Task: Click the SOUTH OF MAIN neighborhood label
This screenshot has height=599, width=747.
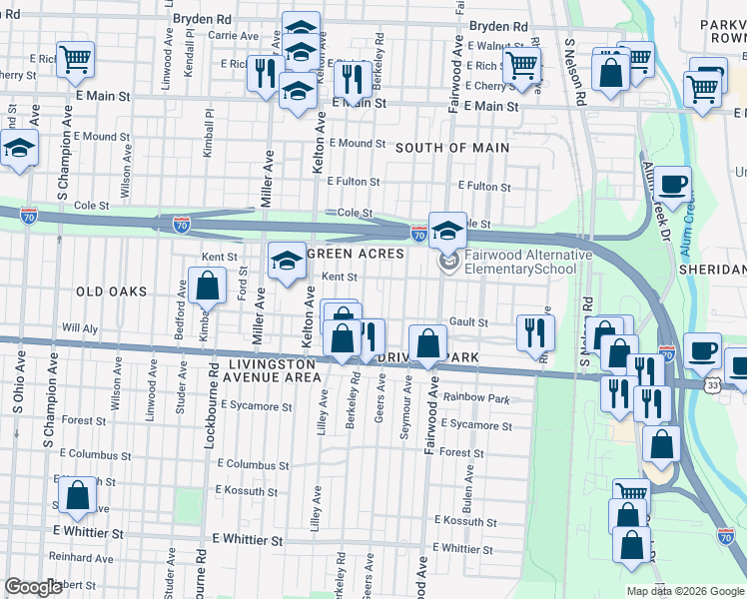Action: pos(451,148)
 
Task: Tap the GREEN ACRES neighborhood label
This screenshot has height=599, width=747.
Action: pos(355,255)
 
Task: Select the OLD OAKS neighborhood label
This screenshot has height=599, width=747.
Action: pos(111,292)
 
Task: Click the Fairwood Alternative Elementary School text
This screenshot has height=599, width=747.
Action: pos(525,263)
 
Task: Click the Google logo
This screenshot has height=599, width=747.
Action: pos(34,587)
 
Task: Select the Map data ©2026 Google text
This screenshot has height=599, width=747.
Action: pos(685,591)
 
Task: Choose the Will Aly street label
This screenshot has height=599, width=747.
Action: pos(80,327)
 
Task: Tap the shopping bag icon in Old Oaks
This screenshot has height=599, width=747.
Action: pos(207,289)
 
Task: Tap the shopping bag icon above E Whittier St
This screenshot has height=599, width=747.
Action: pos(77,495)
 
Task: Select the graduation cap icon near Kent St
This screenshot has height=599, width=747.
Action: pos(287,262)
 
